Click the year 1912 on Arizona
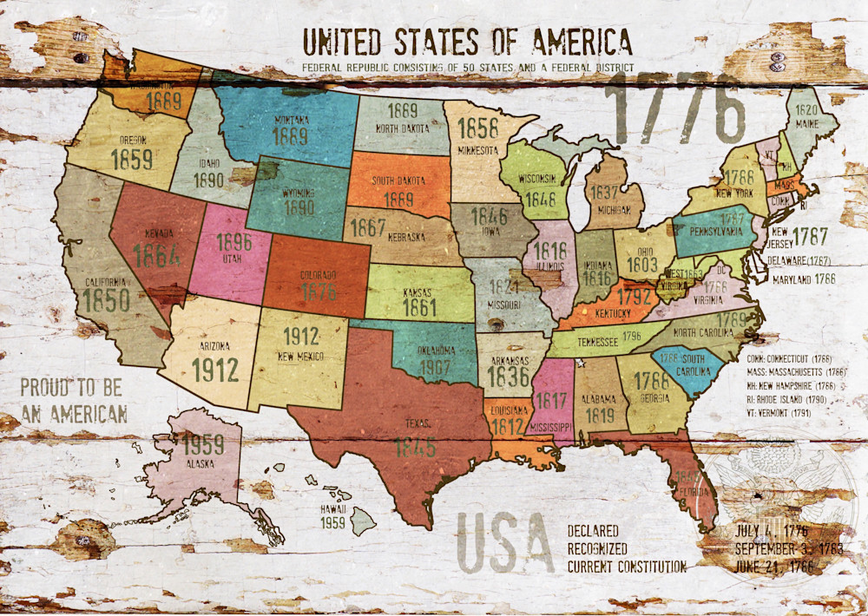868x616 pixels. pyautogui.click(x=214, y=370)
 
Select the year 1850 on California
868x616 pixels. pyautogui.click(x=108, y=300)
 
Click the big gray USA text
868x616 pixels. pyautogui.click(x=504, y=544)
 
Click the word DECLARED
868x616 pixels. pyautogui.click(x=593, y=531)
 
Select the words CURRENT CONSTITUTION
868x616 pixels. pyautogui.click(x=627, y=567)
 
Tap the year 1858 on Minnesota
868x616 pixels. pyautogui.click(x=478, y=128)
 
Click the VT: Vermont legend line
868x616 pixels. pyautogui.click(x=779, y=415)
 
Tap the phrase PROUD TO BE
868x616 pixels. pyautogui.click(x=71, y=387)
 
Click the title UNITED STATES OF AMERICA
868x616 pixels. pyautogui.click(x=467, y=41)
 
